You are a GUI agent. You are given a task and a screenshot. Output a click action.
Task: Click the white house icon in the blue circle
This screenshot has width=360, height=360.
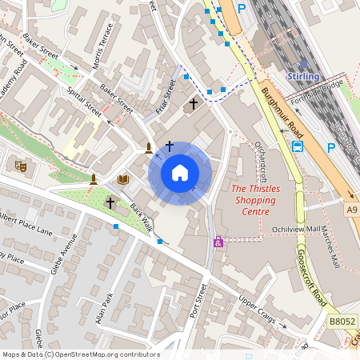(x=180, y=173)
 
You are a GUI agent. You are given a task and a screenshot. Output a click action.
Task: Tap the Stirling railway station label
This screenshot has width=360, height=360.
(x=303, y=76)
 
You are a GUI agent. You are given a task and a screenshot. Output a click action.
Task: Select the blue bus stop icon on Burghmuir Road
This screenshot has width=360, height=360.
(x=298, y=146)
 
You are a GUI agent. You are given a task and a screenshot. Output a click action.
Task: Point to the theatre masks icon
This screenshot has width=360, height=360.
(x=21, y=166)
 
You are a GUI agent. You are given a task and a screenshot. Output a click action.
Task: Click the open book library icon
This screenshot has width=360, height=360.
(x=123, y=179)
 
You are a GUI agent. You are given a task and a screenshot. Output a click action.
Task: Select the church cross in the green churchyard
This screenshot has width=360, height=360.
(x=110, y=203)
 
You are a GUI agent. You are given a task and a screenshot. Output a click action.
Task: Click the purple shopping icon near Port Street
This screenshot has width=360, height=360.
(x=218, y=242)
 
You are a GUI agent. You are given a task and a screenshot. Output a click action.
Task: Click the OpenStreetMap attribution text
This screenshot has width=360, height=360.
(x=81, y=354)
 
